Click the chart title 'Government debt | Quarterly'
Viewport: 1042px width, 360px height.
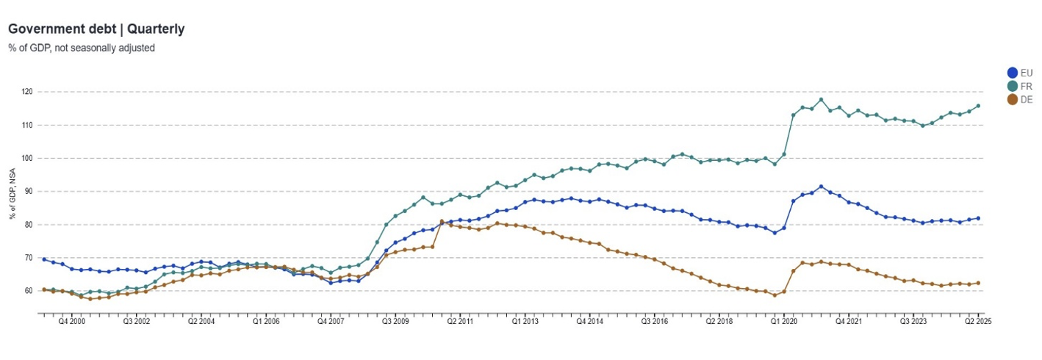pyautogui.click(x=96, y=29)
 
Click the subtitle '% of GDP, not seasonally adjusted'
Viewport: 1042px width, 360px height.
pyautogui.click(x=82, y=48)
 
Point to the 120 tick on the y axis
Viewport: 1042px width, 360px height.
pyautogui.click(x=27, y=92)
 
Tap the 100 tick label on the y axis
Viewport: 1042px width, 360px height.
pyautogui.click(x=27, y=158)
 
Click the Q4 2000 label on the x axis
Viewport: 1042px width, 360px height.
pyautogui.click(x=72, y=322)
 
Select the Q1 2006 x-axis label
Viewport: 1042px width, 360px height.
pyautogui.click(x=266, y=322)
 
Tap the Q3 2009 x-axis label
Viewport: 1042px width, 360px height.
pyautogui.click(x=396, y=322)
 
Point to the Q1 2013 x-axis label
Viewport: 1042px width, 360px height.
pyautogui.click(x=525, y=322)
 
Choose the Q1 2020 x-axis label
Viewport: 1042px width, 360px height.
pyautogui.click(x=784, y=322)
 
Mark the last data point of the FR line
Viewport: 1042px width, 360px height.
pyautogui.click(x=978, y=106)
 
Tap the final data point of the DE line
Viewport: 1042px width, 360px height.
pyautogui.click(x=978, y=284)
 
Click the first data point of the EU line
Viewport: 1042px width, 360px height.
pyautogui.click(x=44, y=259)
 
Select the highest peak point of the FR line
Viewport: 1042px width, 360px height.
pyautogui.click(x=821, y=100)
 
